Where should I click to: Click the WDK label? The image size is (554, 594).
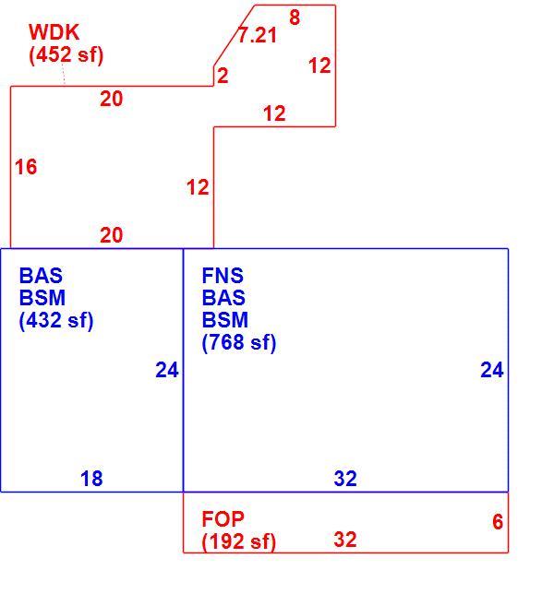coord(54,32)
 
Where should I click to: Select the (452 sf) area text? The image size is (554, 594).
coord(66,55)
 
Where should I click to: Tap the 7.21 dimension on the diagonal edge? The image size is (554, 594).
coord(258,35)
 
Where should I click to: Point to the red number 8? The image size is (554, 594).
coord(295,18)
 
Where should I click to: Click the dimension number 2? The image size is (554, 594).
coord(223,76)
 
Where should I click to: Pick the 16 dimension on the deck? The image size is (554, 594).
coord(26,167)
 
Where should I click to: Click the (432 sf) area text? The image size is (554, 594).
coord(56,320)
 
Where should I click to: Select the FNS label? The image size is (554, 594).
coord(223,276)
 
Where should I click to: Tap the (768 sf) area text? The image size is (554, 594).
coord(239,342)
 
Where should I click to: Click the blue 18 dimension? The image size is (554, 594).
coord(91,479)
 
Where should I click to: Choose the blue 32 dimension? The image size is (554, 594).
coord(345,479)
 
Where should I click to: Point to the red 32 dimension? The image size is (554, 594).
coord(345,540)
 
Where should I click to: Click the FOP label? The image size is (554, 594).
coord(223,519)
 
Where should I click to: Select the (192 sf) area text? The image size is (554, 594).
coord(239,541)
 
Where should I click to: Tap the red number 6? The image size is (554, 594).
coord(498,522)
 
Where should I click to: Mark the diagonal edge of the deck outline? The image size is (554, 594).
coord(234,35)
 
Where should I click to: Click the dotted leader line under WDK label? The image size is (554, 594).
coord(64,74)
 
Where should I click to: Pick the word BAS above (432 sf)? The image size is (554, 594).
coord(41,276)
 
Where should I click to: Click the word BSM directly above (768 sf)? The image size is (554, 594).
coord(225,320)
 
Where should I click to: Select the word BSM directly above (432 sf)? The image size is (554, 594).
coord(42,298)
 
